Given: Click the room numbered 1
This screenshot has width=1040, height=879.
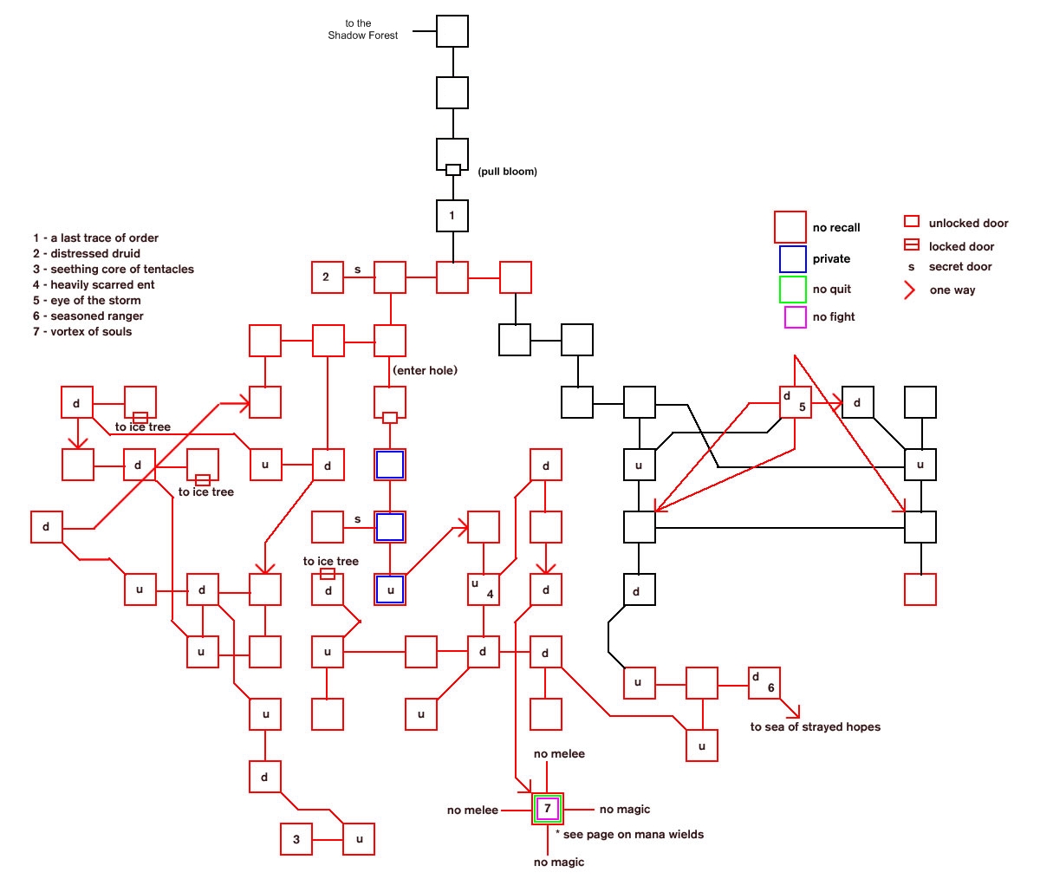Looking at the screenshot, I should click(452, 216).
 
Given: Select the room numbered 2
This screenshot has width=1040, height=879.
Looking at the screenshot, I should click(327, 277).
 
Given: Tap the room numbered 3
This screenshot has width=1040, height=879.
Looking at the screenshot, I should click(296, 839).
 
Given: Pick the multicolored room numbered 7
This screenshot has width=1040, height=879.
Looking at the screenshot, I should click(548, 809).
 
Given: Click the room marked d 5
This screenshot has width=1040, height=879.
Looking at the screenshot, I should click(795, 402).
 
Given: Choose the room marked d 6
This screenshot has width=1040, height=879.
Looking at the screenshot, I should click(764, 682).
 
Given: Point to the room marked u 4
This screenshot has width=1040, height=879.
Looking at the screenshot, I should click(483, 589).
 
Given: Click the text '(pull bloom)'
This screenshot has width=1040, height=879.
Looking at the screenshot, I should click(507, 172).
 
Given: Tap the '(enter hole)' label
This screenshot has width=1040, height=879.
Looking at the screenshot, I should click(425, 370).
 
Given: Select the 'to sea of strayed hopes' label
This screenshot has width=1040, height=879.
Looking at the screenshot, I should click(815, 726).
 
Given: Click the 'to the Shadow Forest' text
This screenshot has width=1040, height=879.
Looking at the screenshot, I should click(362, 29).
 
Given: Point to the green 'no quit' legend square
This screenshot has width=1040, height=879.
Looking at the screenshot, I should click(792, 289).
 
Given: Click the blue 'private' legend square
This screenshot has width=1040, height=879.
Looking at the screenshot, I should click(792, 258).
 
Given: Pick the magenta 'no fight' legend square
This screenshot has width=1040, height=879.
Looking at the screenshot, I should click(795, 317).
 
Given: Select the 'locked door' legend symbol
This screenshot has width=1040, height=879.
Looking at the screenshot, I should click(911, 245).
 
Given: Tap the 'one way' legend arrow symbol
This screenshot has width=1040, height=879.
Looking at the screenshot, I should click(910, 290).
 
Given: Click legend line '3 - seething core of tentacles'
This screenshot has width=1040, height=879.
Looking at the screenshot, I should click(114, 269).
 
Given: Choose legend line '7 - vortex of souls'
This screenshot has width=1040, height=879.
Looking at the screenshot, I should click(82, 331).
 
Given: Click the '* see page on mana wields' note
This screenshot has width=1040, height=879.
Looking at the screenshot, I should click(629, 834).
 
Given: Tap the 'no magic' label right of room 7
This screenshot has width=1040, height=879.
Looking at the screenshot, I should click(624, 810).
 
